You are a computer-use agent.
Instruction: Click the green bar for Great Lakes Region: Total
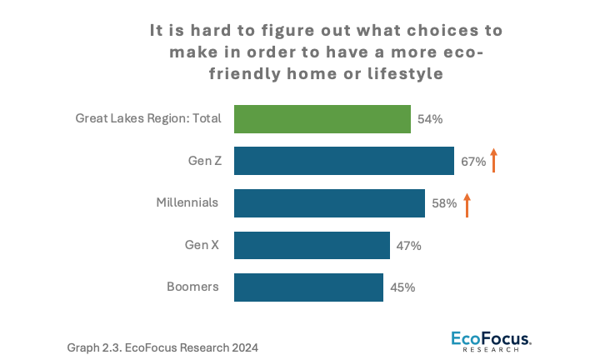click(322, 118)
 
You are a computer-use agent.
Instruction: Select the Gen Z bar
click(344, 161)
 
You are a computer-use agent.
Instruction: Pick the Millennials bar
click(329, 203)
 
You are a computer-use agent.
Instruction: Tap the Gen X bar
click(312, 246)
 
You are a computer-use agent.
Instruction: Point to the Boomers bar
click(308, 287)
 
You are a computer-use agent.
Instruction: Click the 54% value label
click(429, 119)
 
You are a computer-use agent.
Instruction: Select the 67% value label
click(472, 162)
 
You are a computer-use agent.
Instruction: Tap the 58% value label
click(443, 204)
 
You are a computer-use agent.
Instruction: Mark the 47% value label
click(408, 246)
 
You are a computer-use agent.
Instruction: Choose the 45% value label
click(402, 288)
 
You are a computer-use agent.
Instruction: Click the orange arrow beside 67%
click(493, 159)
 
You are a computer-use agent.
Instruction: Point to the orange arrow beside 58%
click(467, 203)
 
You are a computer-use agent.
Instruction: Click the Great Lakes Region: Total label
click(148, 118)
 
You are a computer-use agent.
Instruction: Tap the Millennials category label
click(187, 202)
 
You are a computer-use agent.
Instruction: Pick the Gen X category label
click(202, 245)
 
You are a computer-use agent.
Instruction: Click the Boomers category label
click(192, 287)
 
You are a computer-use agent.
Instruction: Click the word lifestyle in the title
click(402, 73)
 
